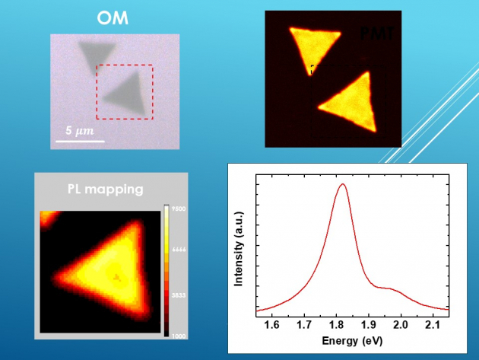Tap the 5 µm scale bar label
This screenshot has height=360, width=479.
[79, 131]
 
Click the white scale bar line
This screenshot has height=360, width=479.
[79, 141]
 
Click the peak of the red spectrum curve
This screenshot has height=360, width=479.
[343, 184]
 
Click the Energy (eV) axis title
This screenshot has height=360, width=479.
[351, 339]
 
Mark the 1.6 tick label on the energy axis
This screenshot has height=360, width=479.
[271, 325]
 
